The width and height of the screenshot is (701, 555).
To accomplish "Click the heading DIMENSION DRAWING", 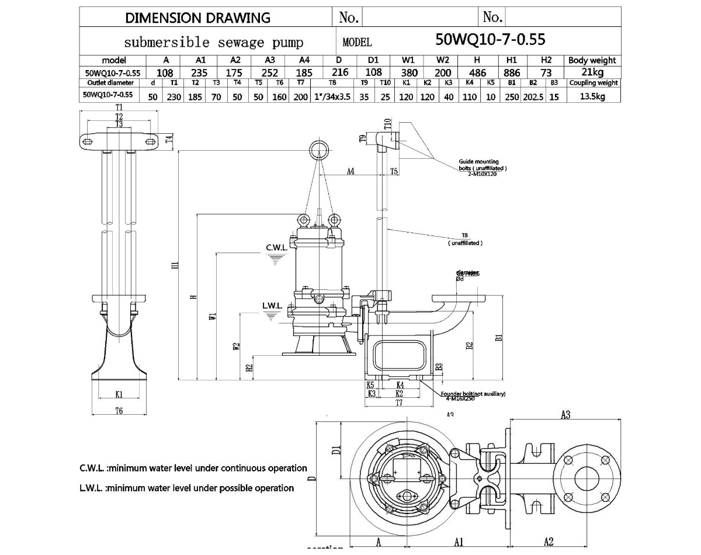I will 198,18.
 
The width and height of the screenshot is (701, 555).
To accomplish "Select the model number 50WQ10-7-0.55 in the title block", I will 490,40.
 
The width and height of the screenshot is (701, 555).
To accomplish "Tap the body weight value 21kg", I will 592,72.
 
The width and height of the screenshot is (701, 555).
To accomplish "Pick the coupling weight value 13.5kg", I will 592,96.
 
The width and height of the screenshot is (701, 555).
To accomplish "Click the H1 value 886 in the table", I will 512,72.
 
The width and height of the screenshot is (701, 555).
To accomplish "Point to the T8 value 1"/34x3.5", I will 332,96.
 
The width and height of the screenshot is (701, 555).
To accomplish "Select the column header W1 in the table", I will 408,60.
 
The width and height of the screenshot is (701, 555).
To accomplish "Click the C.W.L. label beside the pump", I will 277,248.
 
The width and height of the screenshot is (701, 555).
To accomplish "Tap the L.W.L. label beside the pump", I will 272,306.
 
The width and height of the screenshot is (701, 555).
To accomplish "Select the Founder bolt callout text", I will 473,396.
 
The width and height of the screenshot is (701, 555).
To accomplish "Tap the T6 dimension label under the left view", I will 119,411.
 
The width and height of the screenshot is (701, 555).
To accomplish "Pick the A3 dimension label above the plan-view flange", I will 565,415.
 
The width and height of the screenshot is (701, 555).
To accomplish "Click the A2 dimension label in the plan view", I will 549,542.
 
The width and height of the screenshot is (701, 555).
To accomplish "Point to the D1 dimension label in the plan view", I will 336,450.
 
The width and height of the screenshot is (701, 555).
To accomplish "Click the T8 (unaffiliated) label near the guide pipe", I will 465,240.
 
